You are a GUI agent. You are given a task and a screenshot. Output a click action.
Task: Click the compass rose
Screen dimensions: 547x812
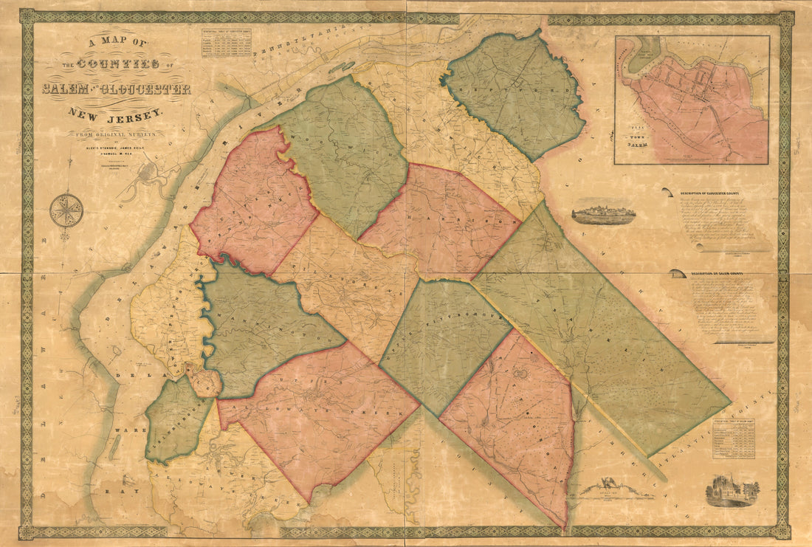tap(66, 210)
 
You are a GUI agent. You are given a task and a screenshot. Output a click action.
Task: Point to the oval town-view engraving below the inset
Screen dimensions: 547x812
tap(604, 214)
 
